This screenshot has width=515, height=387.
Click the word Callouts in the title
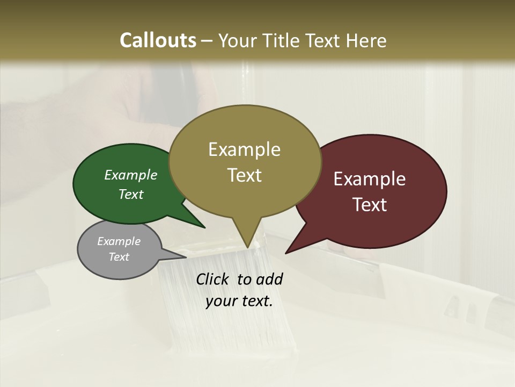tap(158, 40)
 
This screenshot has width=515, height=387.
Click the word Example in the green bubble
tap(131, 175)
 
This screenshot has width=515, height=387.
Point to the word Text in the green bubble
tap(131, 194)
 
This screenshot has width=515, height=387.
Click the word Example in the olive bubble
tap(244, 149)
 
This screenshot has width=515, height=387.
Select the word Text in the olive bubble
tap(244, 175)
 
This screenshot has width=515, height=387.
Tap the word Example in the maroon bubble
tap(370, 179)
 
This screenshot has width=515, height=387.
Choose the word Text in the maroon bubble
tap(370, 205)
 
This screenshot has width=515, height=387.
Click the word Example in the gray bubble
tap(119, 241)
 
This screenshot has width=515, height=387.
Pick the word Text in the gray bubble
tap(119, 257)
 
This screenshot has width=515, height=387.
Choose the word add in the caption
tap(270, 279)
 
